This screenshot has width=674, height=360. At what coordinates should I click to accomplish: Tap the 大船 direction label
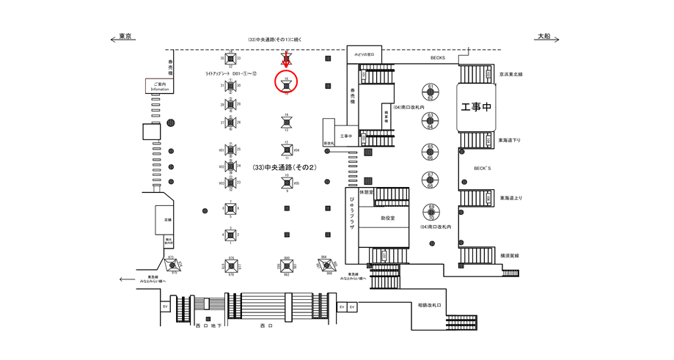(543, 37)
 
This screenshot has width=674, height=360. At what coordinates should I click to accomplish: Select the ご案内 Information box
(159, 87)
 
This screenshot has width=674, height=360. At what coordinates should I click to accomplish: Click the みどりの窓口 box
(365, 55)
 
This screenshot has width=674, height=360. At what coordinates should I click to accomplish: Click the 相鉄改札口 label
(430, 305)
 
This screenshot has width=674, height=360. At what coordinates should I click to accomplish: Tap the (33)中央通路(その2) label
(283, 167)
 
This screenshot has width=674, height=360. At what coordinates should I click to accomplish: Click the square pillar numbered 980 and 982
(286, 264)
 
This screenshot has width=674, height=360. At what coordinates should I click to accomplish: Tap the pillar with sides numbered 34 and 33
(230, 58)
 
